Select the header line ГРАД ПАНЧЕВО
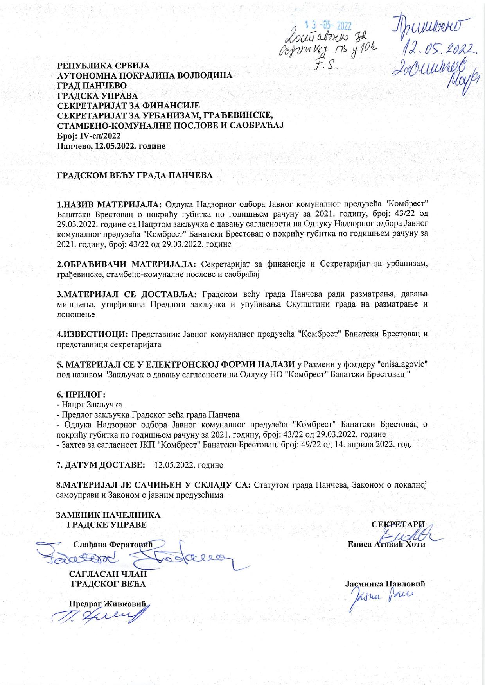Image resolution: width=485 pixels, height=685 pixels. (x=92, y=85)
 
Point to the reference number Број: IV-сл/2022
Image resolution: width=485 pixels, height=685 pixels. (x=89, y=136)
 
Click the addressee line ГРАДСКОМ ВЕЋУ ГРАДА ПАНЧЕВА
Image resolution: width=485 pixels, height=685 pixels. (x=135, y=175)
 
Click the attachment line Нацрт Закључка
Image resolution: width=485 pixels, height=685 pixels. (x=91, y=405)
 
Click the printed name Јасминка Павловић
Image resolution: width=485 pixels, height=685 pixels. (x=385, y=584)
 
